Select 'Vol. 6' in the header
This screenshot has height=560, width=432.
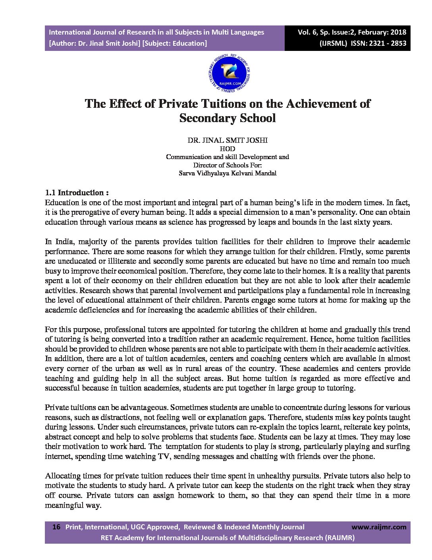click(x=309, y=32)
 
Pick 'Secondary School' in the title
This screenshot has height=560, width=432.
click(x=227, y=118)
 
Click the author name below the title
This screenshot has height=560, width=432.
click(x=227, y=140)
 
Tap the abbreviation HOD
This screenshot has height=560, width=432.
click(x=227, y=149)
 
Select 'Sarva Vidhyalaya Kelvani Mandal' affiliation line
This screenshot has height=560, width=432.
click(x=227, y=173)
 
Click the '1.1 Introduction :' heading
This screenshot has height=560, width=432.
click(x=77, y=193)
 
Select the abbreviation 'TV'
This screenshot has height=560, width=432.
click(x=163, y=456)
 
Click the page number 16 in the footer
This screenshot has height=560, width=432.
click(x=56, y=527)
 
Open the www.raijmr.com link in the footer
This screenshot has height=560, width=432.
click(x=379, y=527)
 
